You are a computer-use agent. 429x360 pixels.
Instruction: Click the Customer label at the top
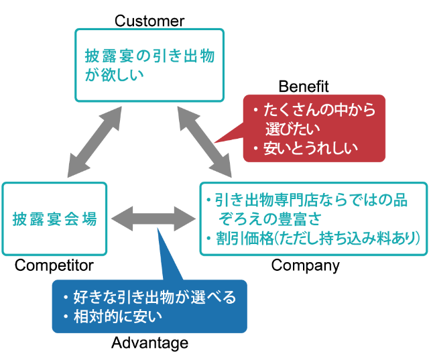click(149, 21)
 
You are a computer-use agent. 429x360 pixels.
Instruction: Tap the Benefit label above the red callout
click(304, 86)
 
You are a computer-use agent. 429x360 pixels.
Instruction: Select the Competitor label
click(54, 265)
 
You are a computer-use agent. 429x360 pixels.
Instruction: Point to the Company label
click(305, 265)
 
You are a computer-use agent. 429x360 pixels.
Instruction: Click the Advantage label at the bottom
click(149, 343)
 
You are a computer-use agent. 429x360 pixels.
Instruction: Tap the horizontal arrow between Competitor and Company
click(153, 218)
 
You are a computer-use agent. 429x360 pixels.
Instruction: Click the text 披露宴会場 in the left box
click(54, 218)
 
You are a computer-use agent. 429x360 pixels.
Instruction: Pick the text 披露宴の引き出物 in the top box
click(149, 55)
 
